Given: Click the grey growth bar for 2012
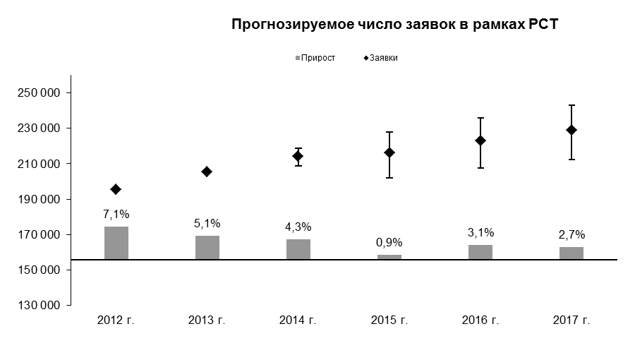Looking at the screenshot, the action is [116, 243].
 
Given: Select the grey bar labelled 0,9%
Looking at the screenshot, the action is [389, 257].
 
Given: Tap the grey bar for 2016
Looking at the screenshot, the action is [480, 252].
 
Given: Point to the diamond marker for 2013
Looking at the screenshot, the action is [207, 172].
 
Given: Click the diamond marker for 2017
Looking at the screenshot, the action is [571, 130].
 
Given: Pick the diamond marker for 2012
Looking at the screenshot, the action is [116, 189].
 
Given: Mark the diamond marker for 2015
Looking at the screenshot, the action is [389, 152].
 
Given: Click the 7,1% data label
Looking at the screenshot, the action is [116, 214].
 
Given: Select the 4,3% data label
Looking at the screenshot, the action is [298, 227].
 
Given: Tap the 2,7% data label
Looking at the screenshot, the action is [571, 234].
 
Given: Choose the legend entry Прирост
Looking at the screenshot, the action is [315, 58].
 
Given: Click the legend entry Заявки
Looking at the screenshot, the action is [381, 58].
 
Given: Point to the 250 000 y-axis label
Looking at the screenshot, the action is [39, 92].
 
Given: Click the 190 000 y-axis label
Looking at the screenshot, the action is [39, 199].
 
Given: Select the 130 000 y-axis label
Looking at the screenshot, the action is [39, 306].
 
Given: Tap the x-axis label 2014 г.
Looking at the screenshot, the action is [298, 320].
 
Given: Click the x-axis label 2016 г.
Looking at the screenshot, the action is [480, 320].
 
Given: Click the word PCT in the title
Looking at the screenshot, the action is [543, 24].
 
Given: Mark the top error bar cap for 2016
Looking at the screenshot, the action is [480, 118].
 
